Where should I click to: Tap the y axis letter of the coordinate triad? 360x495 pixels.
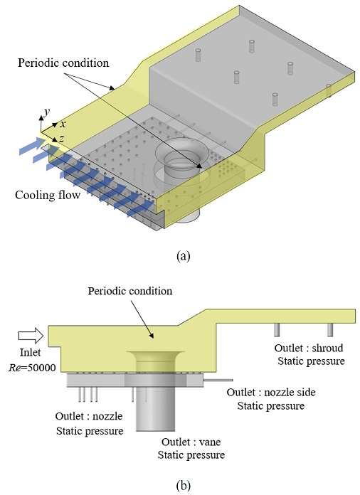point(46,112)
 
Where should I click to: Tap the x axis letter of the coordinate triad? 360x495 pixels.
point(63,124)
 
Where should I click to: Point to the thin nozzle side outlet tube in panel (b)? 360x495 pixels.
point(214,381)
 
